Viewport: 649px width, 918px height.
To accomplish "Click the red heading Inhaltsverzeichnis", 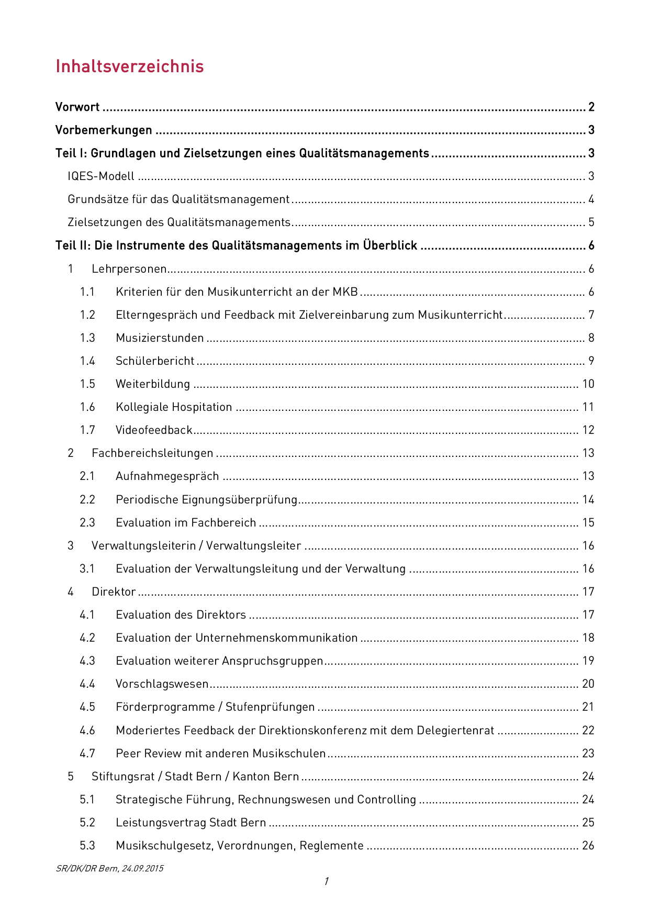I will point(129,66).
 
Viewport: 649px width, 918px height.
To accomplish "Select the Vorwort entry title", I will point(77,107).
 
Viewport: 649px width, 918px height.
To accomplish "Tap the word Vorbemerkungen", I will point(104,130).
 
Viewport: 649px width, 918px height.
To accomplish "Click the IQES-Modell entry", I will point(101,176).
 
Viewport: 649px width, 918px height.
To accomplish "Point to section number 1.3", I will point(87,338).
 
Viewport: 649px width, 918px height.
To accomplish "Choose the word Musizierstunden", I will point(160,338).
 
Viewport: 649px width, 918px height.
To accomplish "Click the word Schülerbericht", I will point(155,361).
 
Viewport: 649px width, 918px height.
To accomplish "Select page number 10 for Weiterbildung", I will point(588,384).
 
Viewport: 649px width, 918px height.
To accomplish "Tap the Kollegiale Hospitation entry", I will point(174,407).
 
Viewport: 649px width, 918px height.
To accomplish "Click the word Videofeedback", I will point(154,430).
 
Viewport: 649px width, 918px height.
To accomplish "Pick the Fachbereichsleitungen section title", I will point(152,453).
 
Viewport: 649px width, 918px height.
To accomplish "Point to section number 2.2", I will point(87,500).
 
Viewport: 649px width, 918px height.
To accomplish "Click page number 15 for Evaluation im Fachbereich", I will point(588,523).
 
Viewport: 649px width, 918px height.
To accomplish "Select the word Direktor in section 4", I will point(114,592).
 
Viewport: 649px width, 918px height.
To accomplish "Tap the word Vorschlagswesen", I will point(162,684).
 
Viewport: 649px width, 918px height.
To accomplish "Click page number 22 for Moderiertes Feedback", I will point(588,731).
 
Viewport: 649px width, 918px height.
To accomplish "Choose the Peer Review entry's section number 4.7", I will point(87,754).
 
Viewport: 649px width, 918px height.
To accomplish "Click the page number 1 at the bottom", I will point(326,881).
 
